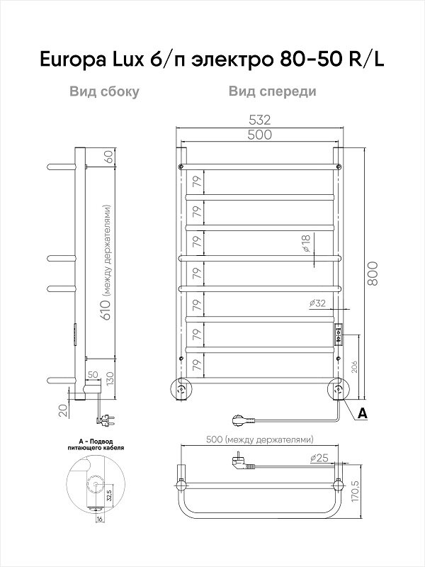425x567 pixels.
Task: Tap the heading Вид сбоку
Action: pyautogui.click(x=103, y=91)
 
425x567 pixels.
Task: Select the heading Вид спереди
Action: pyautogui.click(x=272, y=91)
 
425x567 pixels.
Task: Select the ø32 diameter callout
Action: pyautogui.click(x=317, y=303)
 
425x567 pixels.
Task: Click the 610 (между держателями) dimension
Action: pyautogui.click(x=108, y=269)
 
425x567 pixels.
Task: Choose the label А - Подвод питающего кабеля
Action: pyautogui.click(x=93, y=446)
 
